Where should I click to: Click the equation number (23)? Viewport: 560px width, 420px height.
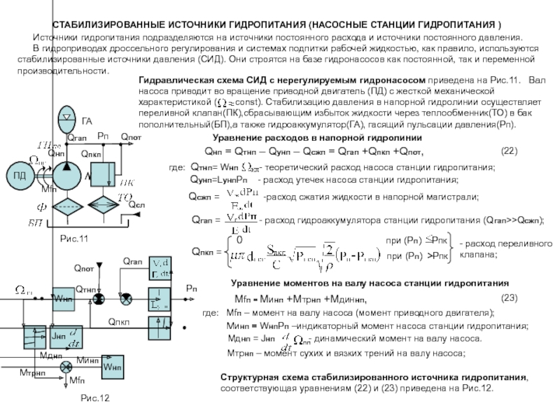coord(510,297)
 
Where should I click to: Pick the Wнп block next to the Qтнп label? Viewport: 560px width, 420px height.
coord(62,299)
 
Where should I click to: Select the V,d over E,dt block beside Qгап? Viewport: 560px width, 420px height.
coord(162,267)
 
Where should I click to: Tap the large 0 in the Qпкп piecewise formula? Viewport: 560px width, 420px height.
coord(239,239)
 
